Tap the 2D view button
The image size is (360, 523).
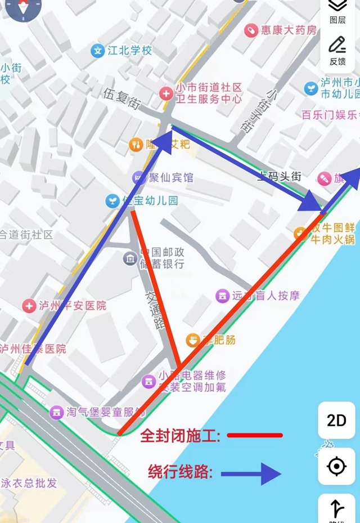336,420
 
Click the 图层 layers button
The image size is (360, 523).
337,11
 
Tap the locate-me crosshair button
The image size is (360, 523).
336,466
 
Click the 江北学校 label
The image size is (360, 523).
129,51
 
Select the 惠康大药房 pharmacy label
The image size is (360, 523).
289,30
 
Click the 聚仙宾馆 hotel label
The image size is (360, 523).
170,178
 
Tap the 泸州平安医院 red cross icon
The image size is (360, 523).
29,306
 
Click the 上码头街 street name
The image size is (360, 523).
279,176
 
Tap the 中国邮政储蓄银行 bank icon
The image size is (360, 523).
130,258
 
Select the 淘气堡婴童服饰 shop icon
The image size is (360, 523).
56,412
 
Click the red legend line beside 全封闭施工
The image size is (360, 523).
255,435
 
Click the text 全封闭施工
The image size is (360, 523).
180,436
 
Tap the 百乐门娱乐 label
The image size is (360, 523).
330,115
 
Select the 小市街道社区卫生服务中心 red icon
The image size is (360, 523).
166,93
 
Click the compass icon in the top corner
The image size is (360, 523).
22,8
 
